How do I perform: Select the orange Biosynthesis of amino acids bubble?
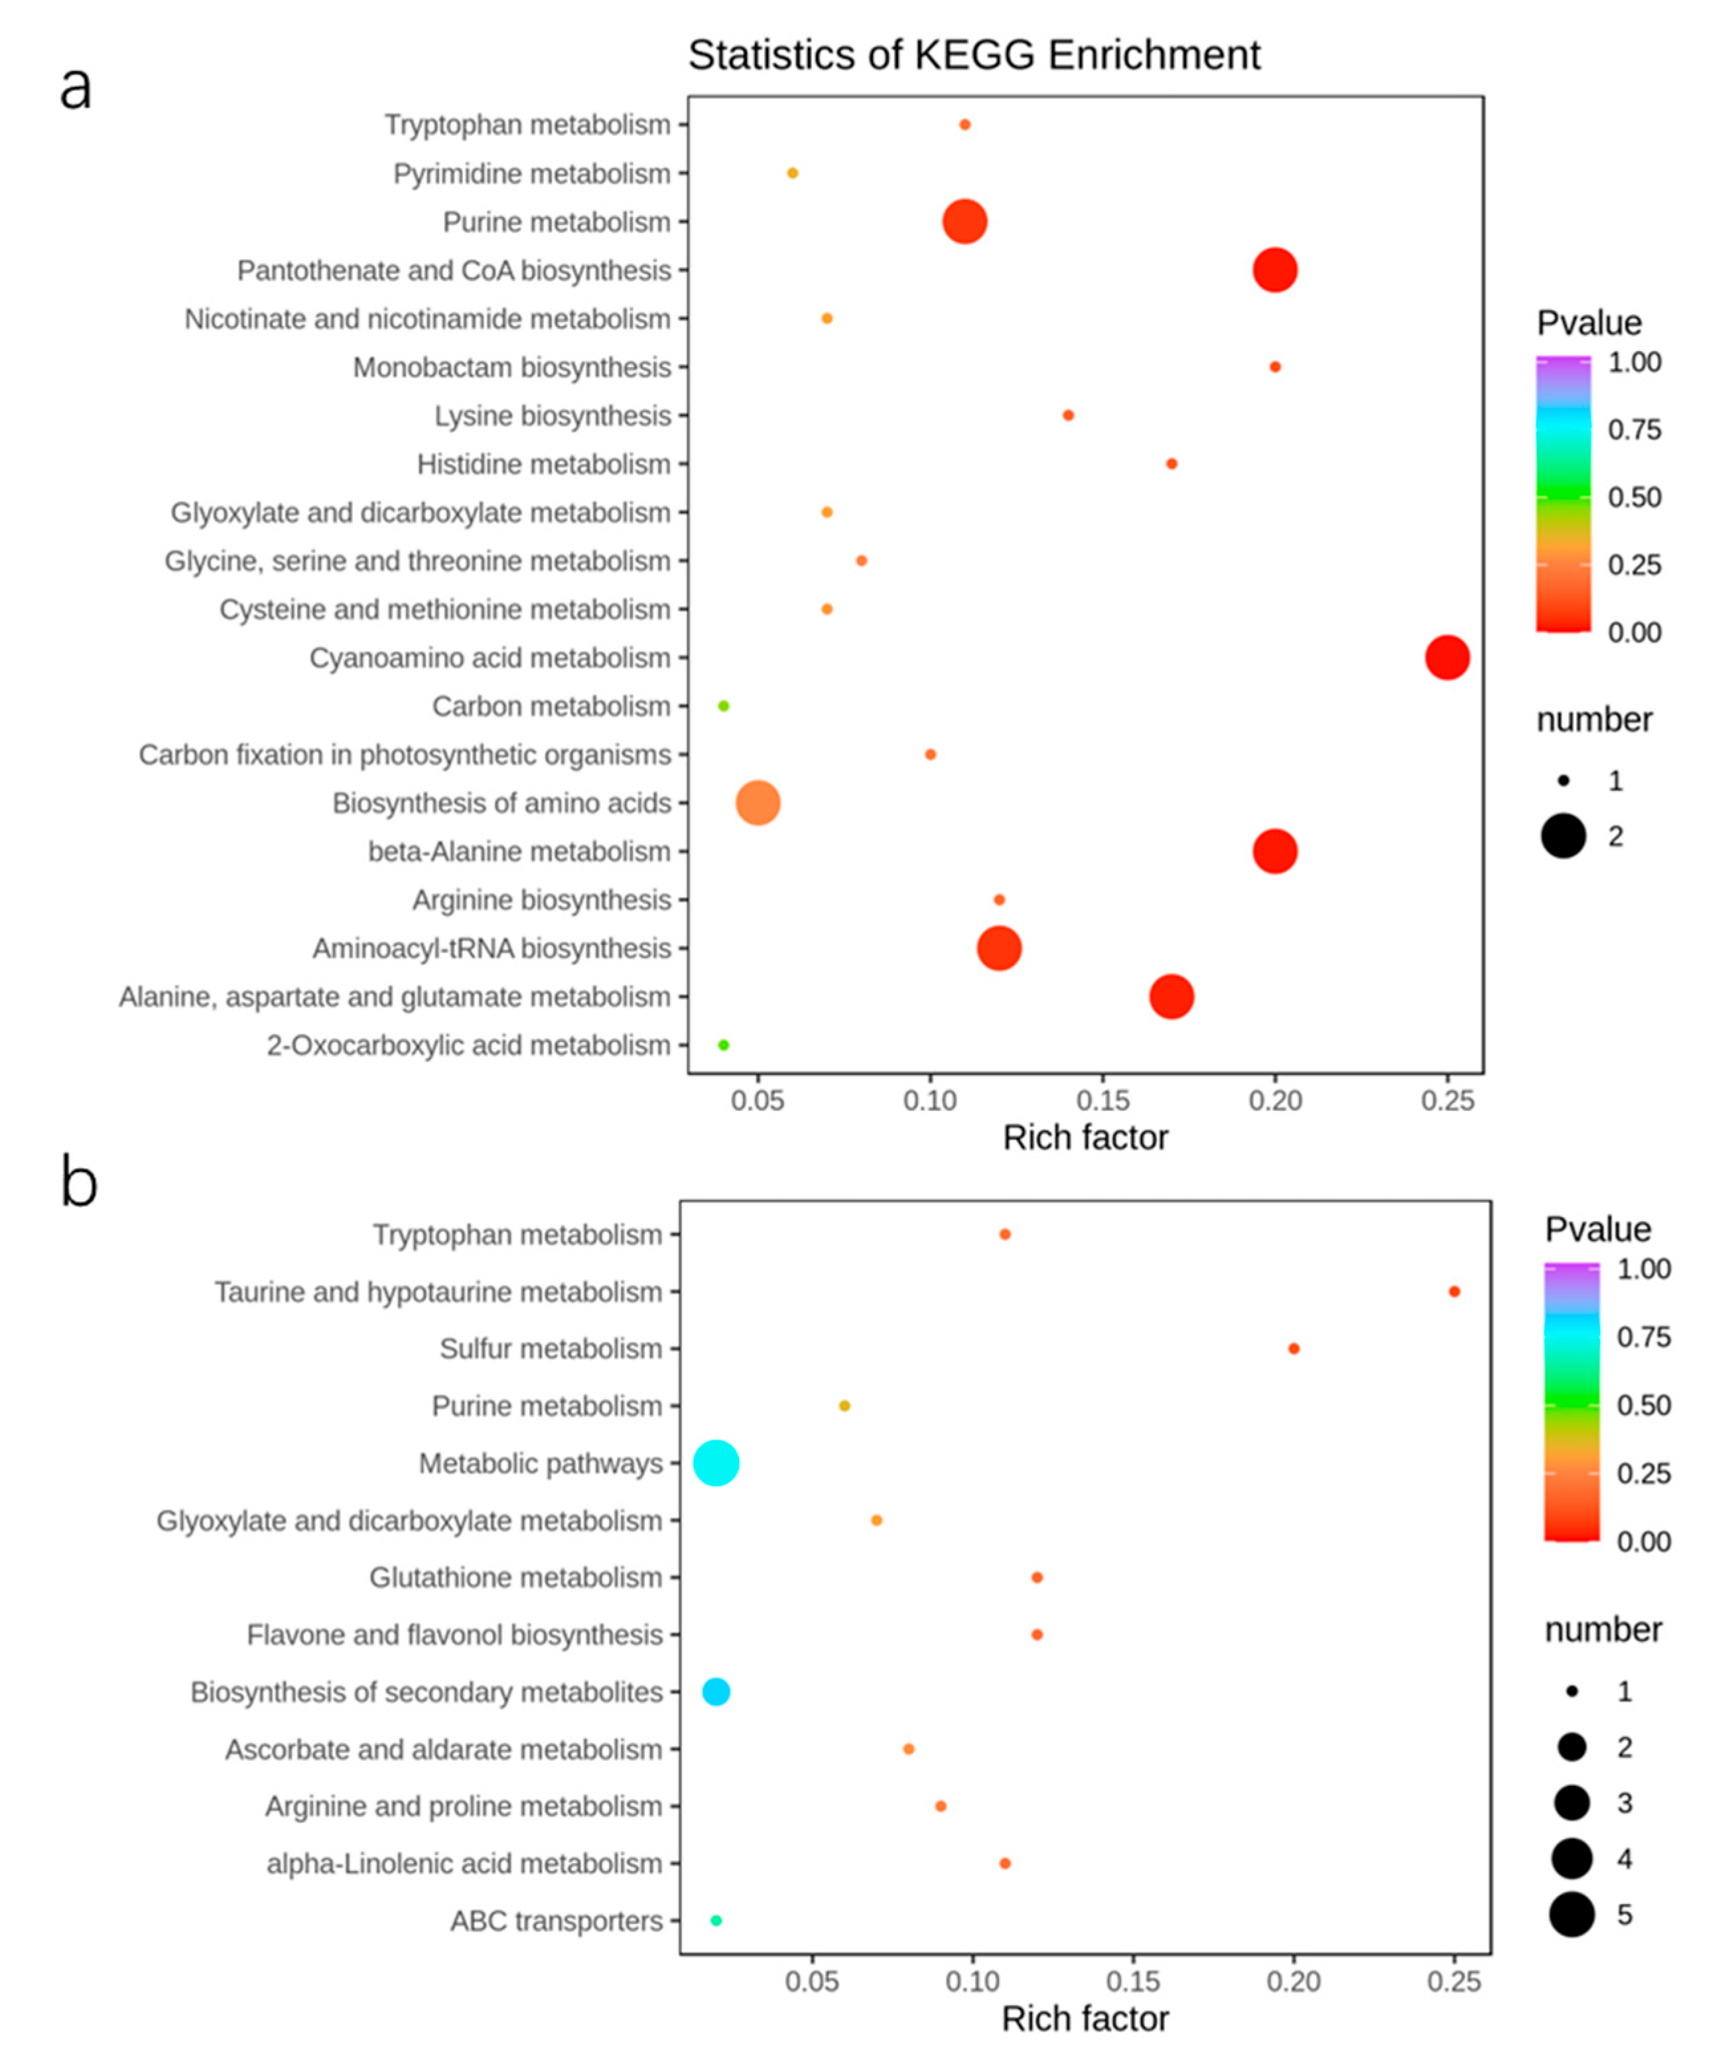758,803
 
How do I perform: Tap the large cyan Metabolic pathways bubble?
716,1463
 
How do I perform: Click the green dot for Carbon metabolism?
723,705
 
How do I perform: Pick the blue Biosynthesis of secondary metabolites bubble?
716,1691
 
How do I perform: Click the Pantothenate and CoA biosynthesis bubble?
1275,269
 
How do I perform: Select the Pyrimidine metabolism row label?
531,174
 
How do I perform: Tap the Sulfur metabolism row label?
550,1349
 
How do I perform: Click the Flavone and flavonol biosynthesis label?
454,1634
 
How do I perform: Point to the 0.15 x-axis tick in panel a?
1102,1100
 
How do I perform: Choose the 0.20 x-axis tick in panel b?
1294,1980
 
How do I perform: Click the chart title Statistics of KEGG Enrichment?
974,55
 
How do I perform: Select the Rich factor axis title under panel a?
1085,1138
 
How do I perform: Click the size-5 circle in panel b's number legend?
1571,1915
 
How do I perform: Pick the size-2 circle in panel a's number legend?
1563,836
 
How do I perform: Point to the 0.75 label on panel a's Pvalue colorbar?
1634,430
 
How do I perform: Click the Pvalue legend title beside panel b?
1597,1228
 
